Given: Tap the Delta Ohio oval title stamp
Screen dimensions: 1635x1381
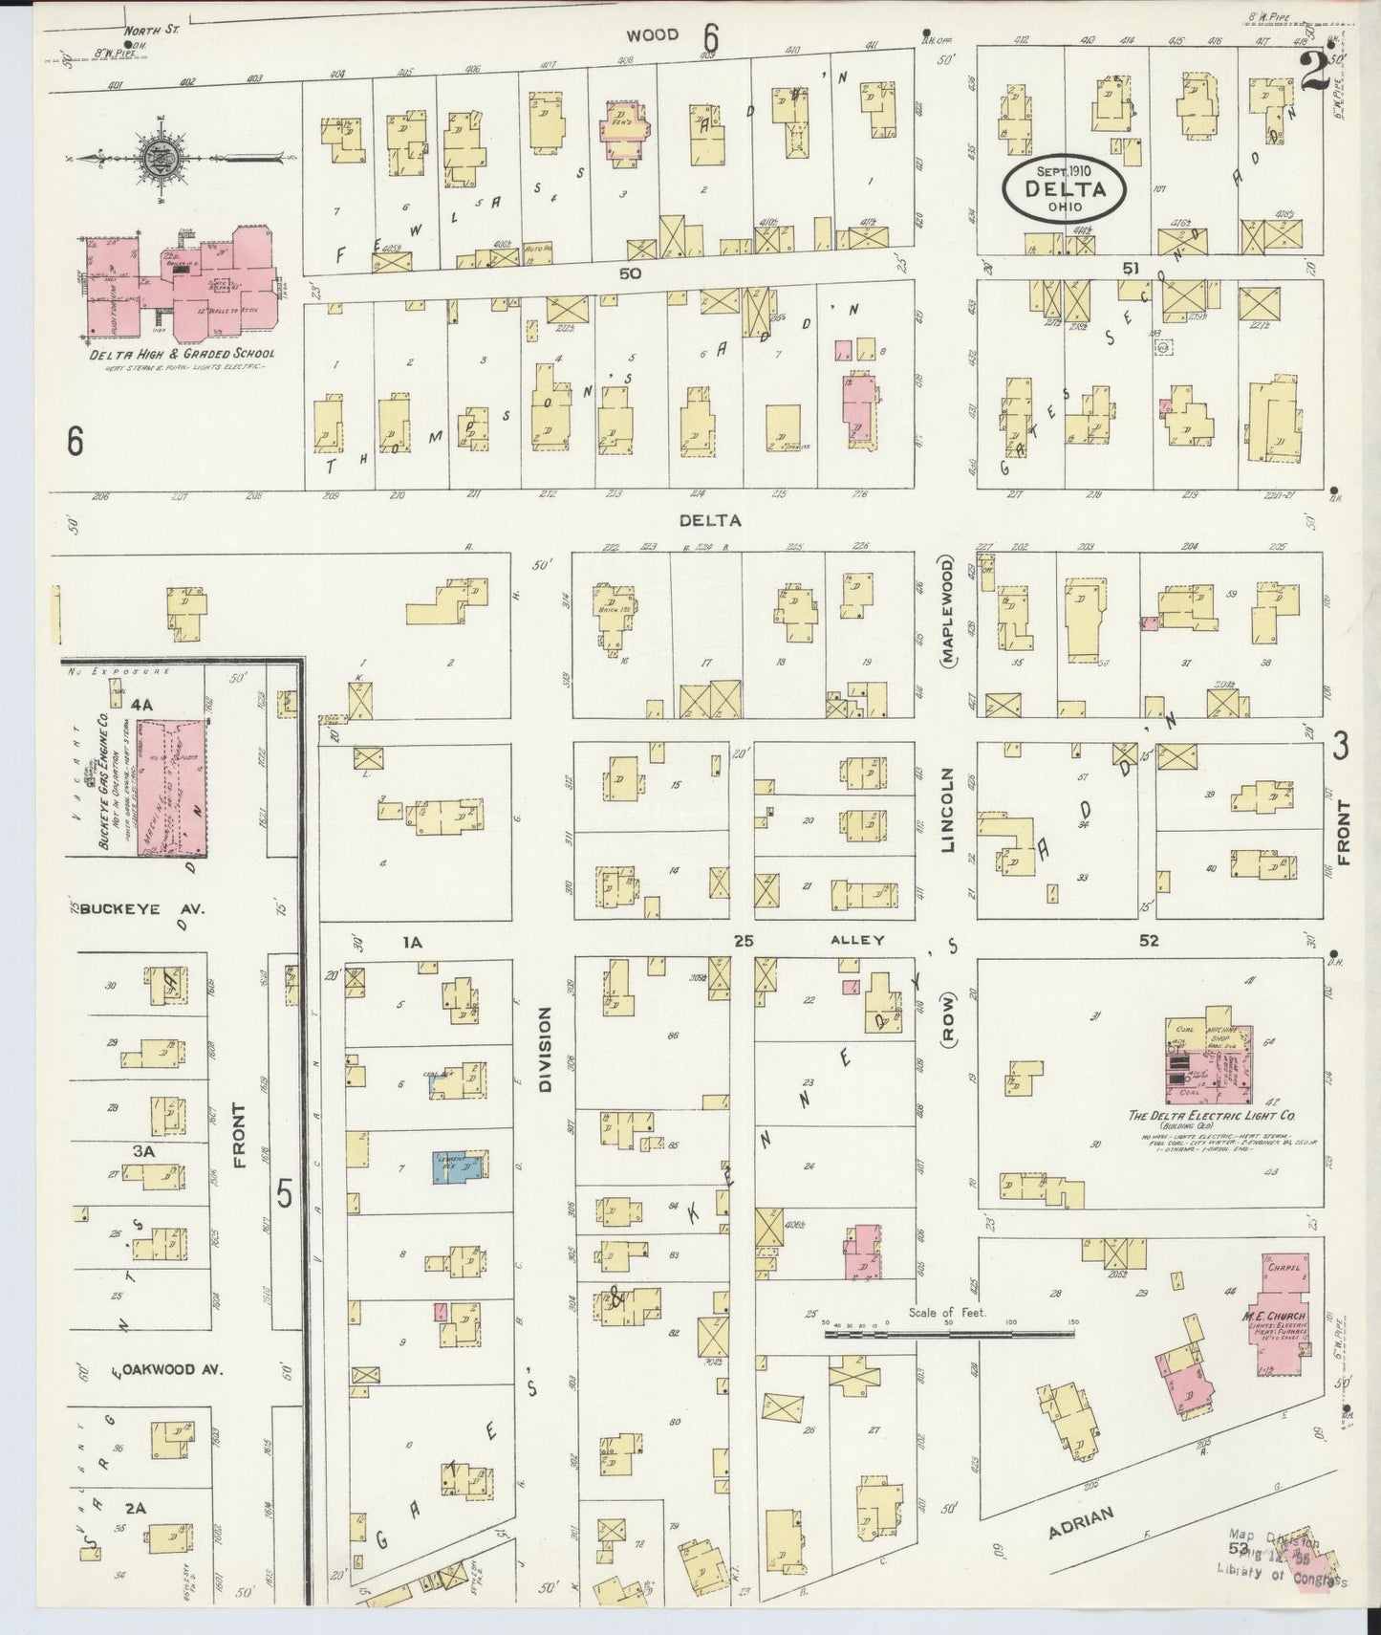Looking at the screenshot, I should coord(1065,187).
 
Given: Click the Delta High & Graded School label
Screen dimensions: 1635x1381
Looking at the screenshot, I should coord(183,354).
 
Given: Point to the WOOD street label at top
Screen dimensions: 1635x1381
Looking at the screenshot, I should coord(653,35).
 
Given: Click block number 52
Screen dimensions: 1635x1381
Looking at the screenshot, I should coord(1149,941).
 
